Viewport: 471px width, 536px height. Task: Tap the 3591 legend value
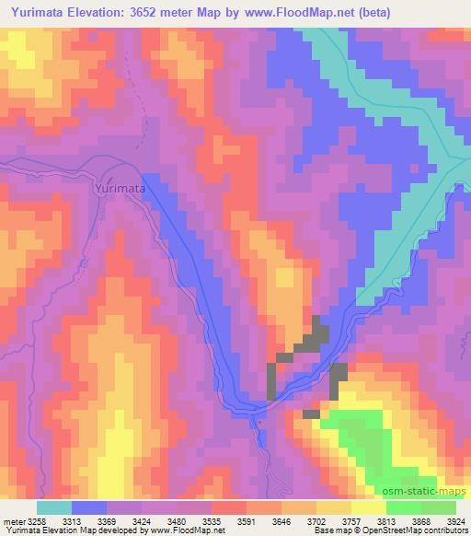click(247, 520)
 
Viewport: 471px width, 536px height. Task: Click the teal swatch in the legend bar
click(54, 507)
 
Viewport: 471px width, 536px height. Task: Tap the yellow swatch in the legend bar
click(368, 507)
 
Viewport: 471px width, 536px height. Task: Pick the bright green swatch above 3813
click(403, 507)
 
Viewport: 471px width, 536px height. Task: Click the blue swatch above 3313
click(89, 507)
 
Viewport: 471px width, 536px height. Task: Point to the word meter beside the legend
click(13, 520)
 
